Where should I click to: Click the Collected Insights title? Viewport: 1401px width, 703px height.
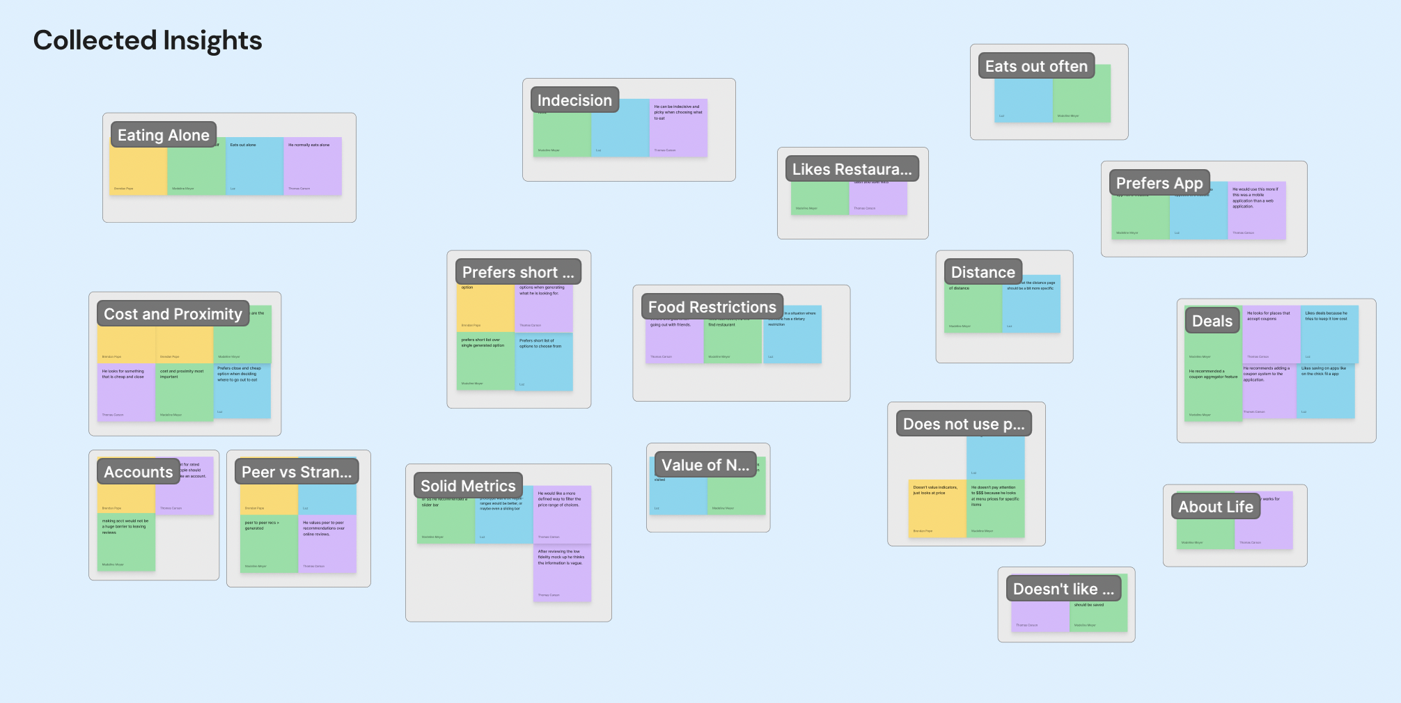click(x=148, y=40)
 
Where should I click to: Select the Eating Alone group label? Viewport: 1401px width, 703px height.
click(x=164, y=135)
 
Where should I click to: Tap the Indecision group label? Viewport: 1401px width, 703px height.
click(x=574, y=100)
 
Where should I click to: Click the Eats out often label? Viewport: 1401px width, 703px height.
click(x=1036, y=66)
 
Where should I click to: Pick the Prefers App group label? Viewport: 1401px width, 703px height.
click(x=1159, y=183)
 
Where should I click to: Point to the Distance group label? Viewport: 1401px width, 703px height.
click(x=983, y=272)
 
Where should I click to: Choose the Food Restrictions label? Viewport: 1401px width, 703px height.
click(x=712, y=307)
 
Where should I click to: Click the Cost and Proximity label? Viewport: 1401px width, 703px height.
click(x=173, y=314)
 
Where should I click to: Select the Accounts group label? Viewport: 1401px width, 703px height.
click(x=138, y=472)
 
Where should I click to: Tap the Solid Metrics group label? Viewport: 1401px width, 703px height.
click(x=468, y=486)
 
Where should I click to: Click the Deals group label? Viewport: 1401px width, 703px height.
click(x=1212, y=321)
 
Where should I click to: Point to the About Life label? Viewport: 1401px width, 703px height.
click(x=1215, y=507)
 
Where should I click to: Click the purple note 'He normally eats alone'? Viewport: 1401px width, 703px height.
click(x=313, y=167)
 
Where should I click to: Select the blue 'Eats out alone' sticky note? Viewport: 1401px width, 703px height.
click(x=254, y=167)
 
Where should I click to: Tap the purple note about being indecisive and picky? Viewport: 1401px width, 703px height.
click(x=678, y=129)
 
